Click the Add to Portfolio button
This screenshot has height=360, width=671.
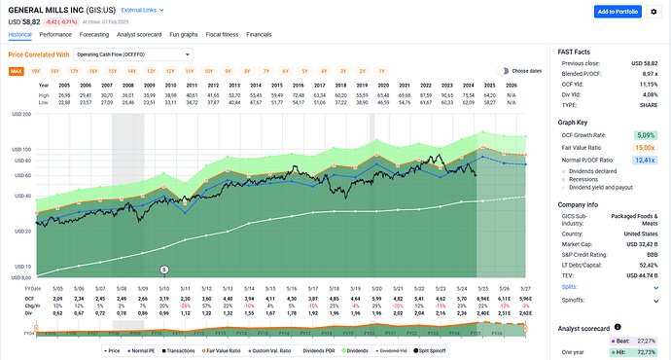click(629, 11)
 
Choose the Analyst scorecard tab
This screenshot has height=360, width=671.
click(143, 33)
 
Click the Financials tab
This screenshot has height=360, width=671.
click(259, 33)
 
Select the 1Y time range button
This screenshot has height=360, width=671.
click(382, 71)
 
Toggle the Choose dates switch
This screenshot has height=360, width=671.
click(502, 71)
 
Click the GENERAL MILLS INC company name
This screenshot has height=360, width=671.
click(48, 9)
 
